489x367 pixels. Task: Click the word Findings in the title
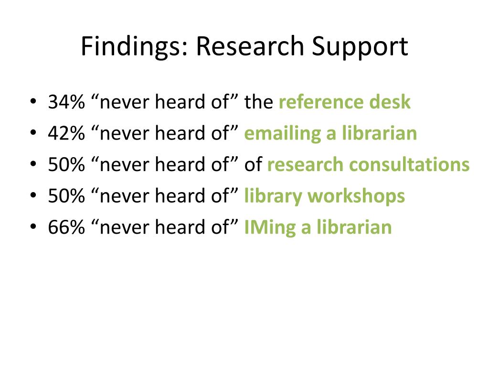point(134,47)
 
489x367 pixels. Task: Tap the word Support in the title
point(360,47)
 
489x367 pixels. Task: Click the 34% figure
point(66,102)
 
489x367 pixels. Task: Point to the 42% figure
point(66,133)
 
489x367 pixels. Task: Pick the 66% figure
point(66,227)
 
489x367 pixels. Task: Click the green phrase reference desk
point(345,102)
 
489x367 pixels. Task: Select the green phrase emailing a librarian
point(330,133)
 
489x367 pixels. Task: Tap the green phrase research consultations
point(368,164)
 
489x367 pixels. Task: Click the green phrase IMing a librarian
point(318,227)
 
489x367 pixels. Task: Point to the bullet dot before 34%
point(33,101)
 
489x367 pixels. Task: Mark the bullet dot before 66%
point(33,227)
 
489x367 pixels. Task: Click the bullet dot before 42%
point(33,133)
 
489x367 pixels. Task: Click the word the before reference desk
point(258,102)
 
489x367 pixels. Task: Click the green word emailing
point(283,134)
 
